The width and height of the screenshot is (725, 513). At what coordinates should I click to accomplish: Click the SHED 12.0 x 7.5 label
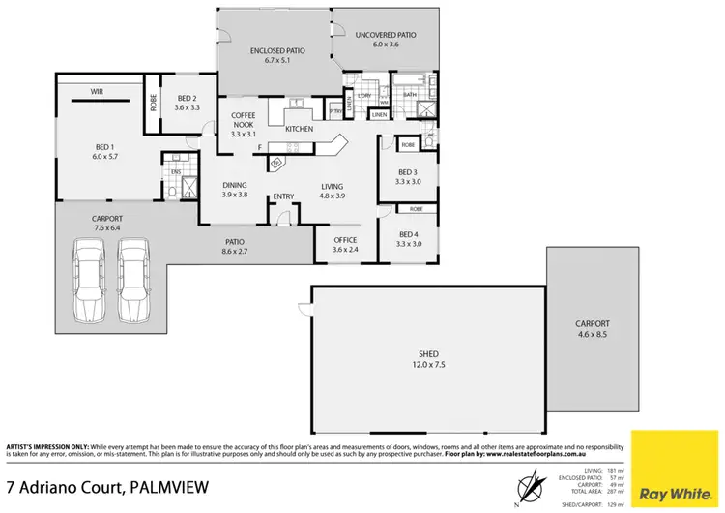click(x=426, y=359)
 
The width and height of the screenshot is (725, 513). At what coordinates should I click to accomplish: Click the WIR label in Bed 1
click(x=98, y=91)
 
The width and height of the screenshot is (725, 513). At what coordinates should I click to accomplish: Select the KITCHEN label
click(x=299, y=129)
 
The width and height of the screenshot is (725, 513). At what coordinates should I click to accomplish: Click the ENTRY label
click(x=283, y=197)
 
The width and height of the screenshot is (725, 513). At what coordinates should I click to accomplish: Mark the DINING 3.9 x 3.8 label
click(x=235, y=190)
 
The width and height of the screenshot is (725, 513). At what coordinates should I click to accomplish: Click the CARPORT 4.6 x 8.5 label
click(x=592, y=330)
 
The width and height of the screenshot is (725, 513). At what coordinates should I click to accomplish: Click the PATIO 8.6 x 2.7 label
click(x=235, y=247)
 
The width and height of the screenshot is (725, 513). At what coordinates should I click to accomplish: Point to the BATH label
click(x=409, y=95)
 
